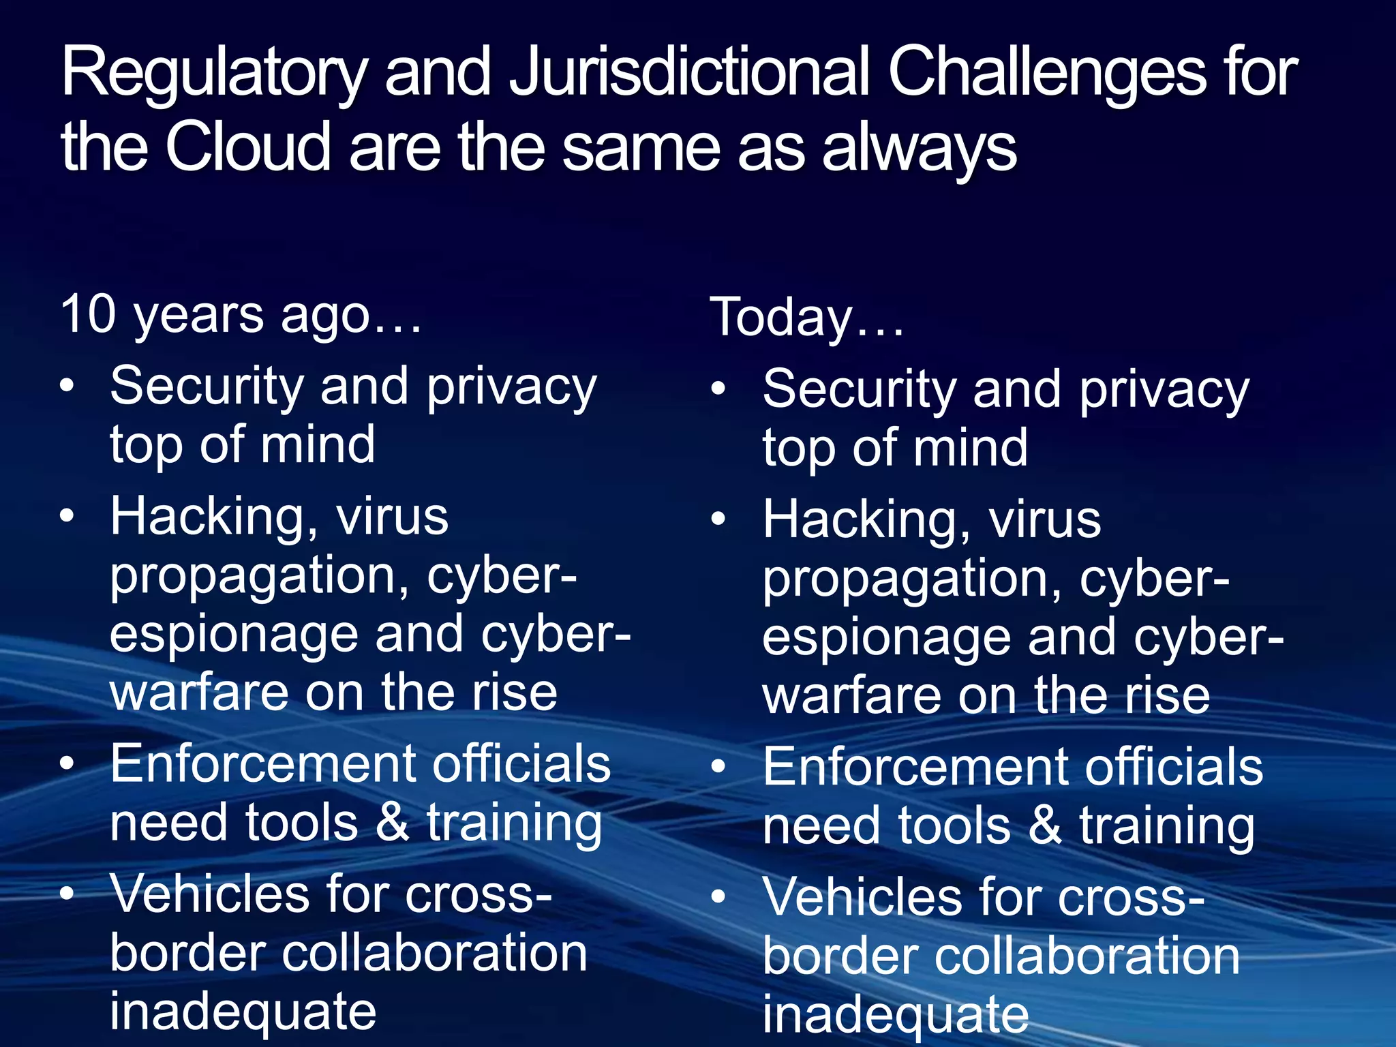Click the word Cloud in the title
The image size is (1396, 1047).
pyautogui.click(x=247, y=146)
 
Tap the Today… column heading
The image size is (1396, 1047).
pyautogui.click(x=806, y=318)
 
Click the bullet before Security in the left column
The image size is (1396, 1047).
pyautogui.click(x=66, y=386)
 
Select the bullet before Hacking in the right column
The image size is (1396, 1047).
pyautogui.click(x=718, y=519)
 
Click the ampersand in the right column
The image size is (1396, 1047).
pyautogui.click(x=1044, y=826)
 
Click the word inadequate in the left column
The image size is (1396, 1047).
pyautogui.click(x=243, y=1012)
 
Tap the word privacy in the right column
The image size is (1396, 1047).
pyautogui.click(x=1164, y=391)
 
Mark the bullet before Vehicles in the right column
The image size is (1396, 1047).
pyautogui.click(x=718, y=897)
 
